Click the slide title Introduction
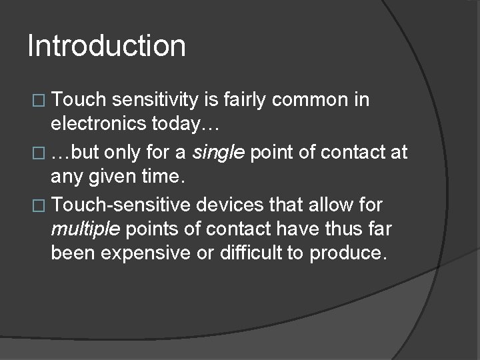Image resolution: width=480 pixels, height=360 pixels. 107,46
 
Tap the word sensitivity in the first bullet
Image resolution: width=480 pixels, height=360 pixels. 157,100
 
